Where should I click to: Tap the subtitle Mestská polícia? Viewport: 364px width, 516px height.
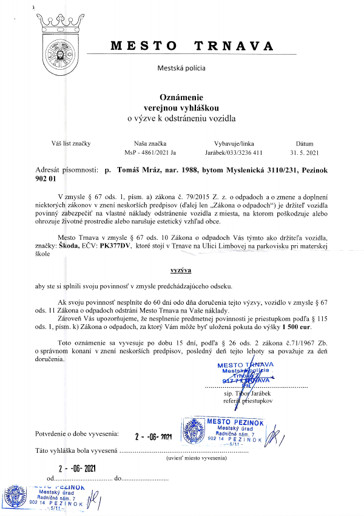tap(181, 69)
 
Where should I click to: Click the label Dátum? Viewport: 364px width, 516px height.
tap(304, 143)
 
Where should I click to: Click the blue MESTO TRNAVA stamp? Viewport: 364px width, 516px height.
tap(244, 375)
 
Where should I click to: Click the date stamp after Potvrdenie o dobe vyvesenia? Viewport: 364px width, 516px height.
tap(154, 436)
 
